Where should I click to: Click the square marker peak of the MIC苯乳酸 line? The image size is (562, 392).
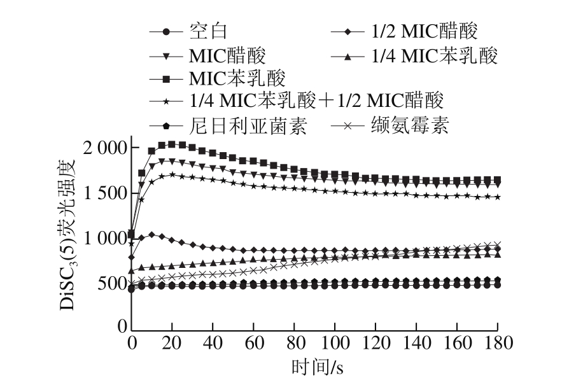pyautogui.click(x=172, y=144)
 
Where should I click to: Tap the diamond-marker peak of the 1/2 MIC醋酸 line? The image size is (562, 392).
pyautogui.click(x=152, y=235)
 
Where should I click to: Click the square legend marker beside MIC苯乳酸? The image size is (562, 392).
pyautogui.click(x=166, y=79)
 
